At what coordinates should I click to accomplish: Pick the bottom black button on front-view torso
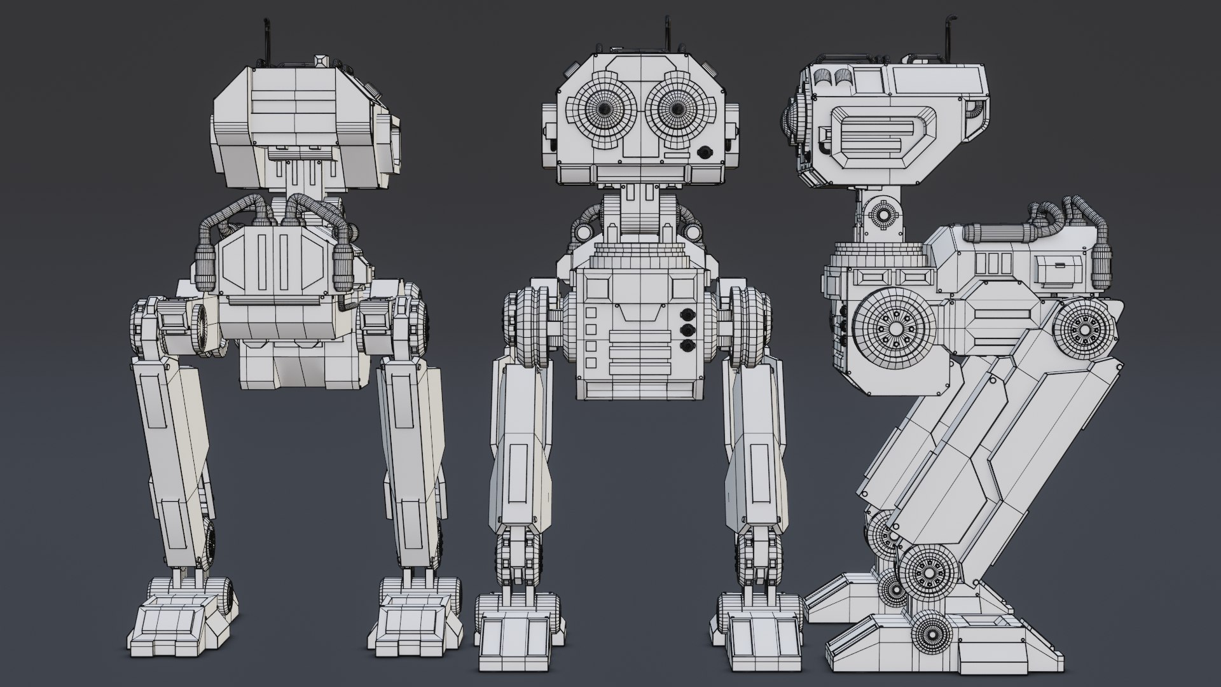coord(686,346)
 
